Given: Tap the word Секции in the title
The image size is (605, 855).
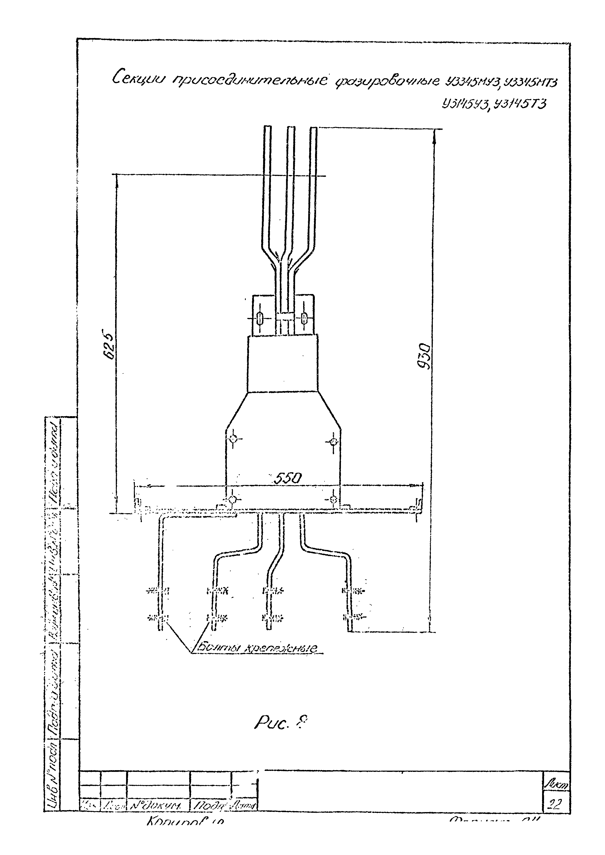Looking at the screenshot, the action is [x=138, y=79].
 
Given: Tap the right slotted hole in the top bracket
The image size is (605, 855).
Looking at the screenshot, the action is [x=304, y=319].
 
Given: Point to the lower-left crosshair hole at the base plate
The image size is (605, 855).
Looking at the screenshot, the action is [x=232, y=499].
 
